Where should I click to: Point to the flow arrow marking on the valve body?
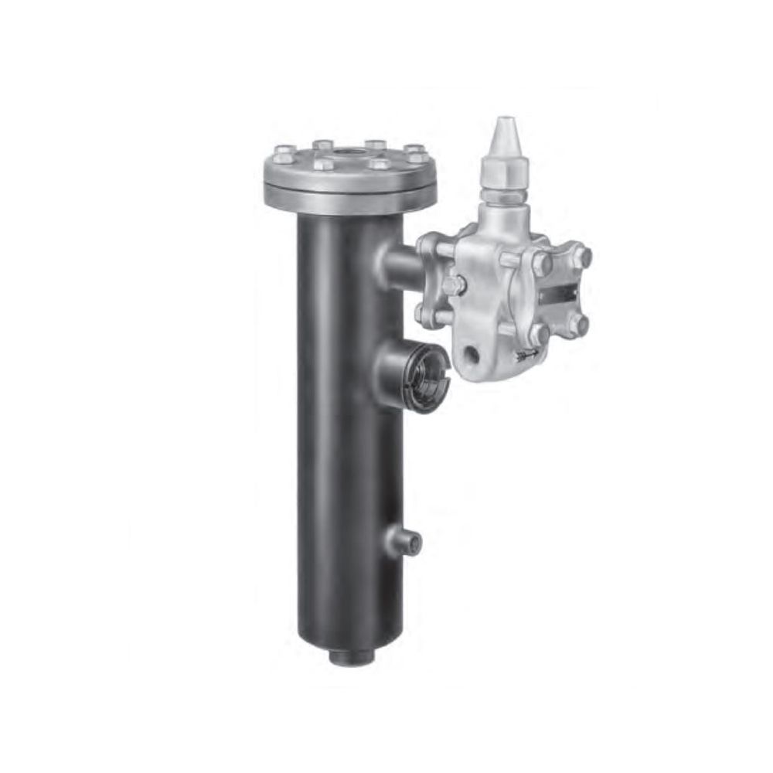(x=530, y=355)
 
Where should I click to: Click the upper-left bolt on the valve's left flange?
(x=430, y=244)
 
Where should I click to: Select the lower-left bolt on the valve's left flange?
(x=424, y=313)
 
